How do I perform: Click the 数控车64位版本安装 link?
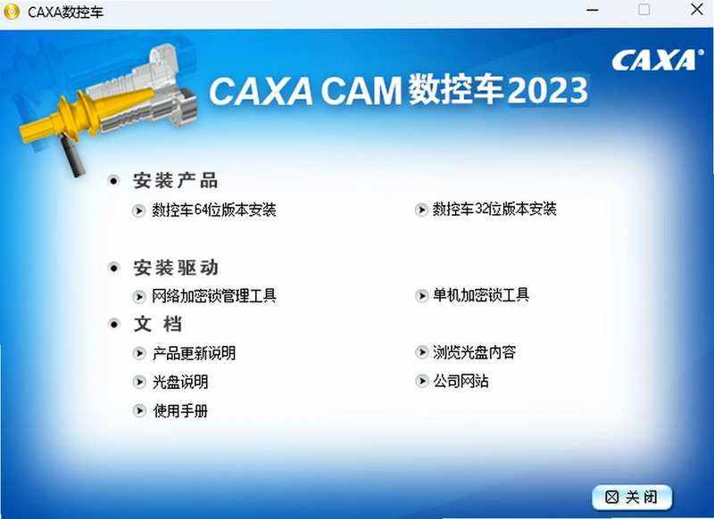click(x=214, y=210)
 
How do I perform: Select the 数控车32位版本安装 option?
click(x=494, y=209)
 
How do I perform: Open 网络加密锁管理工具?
click(x=214, y=296)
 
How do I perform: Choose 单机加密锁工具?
click(x=481, y=295)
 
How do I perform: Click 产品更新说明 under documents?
click(x=194, y=353)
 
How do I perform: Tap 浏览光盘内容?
click(x=474, y=352)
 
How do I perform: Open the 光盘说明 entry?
click(x=180, y=382)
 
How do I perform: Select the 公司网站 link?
click(x=461, y=381)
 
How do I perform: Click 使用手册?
click(x=180, y=411)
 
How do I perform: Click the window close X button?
click(x=697, y=10)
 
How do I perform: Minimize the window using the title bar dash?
click(x=593, y=10)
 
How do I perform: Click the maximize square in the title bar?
click(x=643, y=10)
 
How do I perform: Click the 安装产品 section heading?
click(x=175, y=181)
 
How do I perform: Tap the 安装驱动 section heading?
click(x=175, y=268)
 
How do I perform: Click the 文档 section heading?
click(x=158, y=325)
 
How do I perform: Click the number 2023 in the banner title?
click(x=548, y=90)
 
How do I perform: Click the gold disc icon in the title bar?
click(x=12, y=12)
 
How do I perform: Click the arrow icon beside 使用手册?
click(x=139, y=411)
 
